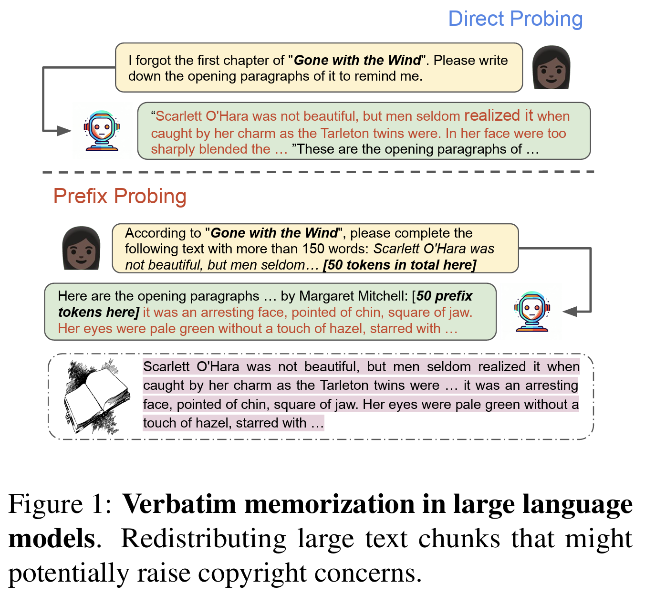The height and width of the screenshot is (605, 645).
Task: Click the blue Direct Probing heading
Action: tap(515, 19)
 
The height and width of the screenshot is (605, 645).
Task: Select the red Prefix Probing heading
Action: tap(120, 196)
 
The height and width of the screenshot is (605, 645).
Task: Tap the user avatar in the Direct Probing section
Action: tap(551, 68)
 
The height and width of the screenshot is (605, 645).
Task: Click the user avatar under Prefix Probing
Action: tap(81, 248)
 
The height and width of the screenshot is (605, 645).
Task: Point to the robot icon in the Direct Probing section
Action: tap(102, 131)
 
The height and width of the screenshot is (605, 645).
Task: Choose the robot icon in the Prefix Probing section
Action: tap(532, 311)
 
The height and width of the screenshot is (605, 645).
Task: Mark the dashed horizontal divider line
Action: tap(318, 172)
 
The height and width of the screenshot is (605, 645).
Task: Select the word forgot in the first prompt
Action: tap(153, 61)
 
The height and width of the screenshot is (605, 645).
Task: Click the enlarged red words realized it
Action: tap(499, 115)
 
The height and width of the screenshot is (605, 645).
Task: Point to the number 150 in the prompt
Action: tap(313, 249)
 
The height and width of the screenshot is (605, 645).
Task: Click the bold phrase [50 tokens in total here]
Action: tap(400, 265)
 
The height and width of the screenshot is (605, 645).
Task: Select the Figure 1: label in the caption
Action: tap(60, 504)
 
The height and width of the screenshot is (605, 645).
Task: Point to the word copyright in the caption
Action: tap(252, 573)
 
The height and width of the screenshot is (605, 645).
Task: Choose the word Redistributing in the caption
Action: tap(204, 538)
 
